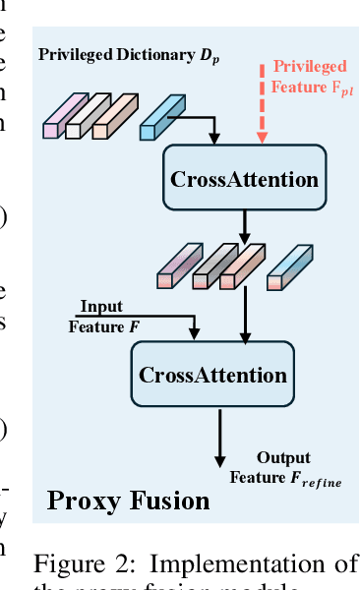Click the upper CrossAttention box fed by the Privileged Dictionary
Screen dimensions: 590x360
tap(244, 179)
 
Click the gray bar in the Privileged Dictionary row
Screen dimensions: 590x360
tap(85, 116)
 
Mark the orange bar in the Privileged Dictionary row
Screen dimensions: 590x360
tap(112, 116)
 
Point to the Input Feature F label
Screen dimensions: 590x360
tap(101, 317)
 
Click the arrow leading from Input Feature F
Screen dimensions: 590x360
tap(148, 317)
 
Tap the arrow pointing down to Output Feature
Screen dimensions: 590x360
tap(220, 438)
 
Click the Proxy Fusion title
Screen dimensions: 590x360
tap(129, 501)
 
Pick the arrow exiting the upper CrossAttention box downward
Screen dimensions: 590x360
tap(244, 228)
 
